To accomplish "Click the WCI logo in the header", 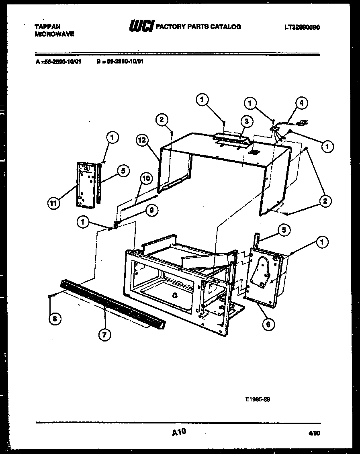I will pos(141,27).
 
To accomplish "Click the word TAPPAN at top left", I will pos(48,27).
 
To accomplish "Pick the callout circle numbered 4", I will pos(302,103).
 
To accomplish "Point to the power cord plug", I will pos(303,122).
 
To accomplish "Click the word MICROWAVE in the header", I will pos(54,34).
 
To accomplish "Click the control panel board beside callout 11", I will pos(85,184).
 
